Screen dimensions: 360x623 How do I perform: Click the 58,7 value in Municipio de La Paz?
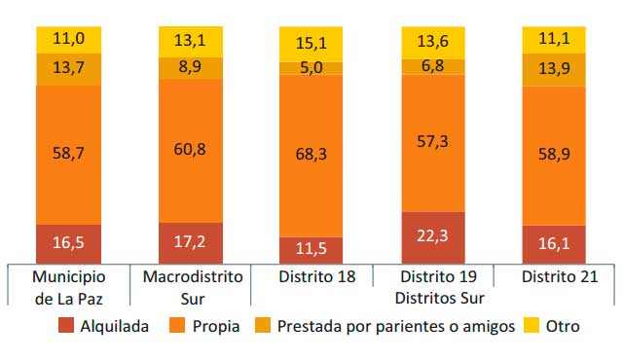[68, 154]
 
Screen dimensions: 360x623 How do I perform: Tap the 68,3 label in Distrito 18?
[311, 156]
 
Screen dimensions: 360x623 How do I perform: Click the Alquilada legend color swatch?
[67, 326]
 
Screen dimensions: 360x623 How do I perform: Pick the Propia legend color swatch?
[175, 326]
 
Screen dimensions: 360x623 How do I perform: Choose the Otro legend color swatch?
[531, 326]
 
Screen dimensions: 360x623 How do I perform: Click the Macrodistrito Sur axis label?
[190, 286]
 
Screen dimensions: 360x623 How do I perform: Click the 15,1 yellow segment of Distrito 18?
[311, 44]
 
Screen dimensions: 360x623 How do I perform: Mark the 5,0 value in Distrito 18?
[311, 68]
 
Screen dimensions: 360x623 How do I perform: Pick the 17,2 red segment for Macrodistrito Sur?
[190, 242]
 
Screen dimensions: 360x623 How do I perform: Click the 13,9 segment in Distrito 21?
[555, 70]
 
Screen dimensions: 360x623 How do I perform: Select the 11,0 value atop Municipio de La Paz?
[68, 40]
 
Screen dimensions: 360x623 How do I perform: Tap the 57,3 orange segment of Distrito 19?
[433, 142]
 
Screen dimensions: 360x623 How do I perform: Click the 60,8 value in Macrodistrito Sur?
[190, 150]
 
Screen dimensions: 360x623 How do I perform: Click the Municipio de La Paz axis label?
[68, 286]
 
